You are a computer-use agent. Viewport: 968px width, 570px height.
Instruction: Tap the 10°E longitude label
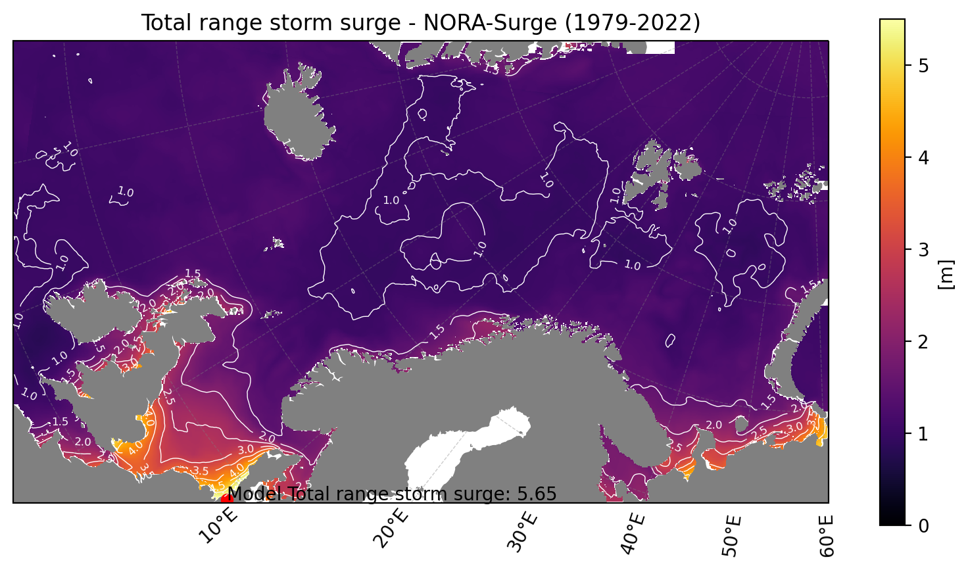click(x=218, y=526)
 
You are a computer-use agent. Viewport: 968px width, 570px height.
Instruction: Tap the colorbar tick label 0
click(x=923, y=526)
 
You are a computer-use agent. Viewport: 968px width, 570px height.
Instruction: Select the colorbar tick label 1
click(x=923, y=434)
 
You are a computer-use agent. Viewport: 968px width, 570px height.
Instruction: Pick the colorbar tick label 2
click(x=923, y=342)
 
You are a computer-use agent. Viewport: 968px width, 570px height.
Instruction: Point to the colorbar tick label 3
click(x=923, y=250)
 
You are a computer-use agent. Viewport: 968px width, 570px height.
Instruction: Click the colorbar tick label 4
click(x=923, y=158)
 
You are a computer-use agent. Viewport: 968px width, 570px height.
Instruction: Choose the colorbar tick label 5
click(x=923, y=66)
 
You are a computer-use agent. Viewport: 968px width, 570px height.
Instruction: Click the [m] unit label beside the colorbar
click(x=946, y=274)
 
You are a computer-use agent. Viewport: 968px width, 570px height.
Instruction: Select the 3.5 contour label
click(x=201, y=471)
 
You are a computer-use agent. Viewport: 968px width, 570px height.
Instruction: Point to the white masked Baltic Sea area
click(x=454, y=454)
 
